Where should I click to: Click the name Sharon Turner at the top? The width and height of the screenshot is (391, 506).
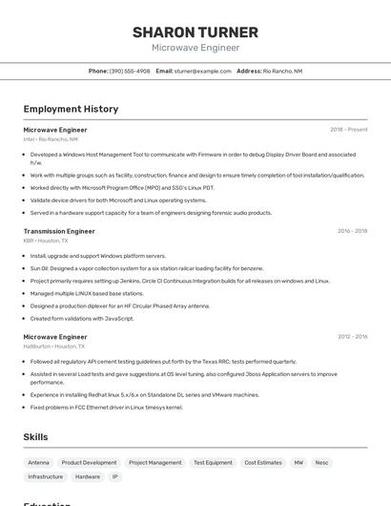click(195, 32)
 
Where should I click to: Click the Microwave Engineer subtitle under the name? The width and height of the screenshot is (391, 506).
click(195, 48)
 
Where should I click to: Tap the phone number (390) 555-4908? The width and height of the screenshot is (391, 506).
click(130, 71)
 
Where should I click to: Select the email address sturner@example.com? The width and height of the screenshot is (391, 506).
click(203, 71)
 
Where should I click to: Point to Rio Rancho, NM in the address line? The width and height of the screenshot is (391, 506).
click(282, 71)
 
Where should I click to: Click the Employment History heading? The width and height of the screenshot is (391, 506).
click(71, 110)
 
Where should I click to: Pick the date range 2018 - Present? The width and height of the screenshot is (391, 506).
click(348, 130)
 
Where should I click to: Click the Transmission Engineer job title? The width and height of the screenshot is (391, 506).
click(59, 231)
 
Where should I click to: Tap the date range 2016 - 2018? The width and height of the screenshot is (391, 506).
click(352, 231)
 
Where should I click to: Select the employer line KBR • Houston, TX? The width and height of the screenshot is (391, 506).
click(46, 241)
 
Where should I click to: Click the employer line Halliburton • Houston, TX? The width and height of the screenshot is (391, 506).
click(53, 347)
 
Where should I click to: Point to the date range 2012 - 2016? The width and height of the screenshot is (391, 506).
click(352, 337)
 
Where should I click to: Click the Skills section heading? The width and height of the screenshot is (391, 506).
click(35, 437)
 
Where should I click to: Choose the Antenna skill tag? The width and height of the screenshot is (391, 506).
click(39, 462)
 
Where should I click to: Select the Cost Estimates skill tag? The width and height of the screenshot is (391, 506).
click(262, 462)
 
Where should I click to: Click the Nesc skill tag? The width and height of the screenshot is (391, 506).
click(321, 462)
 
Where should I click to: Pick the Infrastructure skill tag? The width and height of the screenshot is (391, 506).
click(45, 476)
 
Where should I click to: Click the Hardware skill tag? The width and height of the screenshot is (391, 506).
click(88, 476)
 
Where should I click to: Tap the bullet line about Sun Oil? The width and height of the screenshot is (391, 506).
click(146, 268)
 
